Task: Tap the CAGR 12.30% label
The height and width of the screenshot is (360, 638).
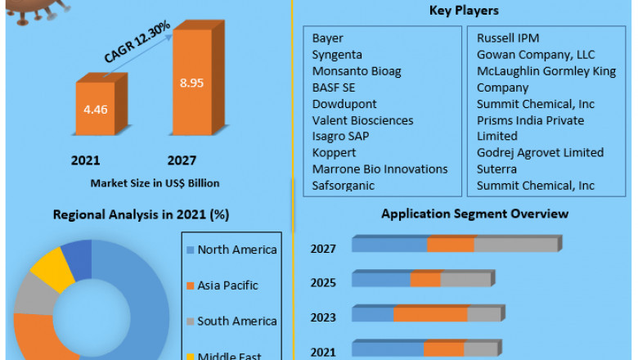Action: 137,43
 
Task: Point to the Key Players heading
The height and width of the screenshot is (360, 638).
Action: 465,11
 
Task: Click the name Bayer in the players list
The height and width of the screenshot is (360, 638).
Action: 328,38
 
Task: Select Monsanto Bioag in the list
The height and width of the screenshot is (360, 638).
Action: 357,71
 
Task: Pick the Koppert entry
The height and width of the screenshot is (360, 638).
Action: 335,152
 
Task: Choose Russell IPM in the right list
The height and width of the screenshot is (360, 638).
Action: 508,38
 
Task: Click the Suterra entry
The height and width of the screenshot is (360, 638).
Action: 497,169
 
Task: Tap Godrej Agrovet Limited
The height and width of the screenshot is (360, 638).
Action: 540,152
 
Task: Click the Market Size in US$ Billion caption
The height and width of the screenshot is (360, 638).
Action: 155,182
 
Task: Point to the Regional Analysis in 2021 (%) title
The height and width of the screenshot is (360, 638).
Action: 141,215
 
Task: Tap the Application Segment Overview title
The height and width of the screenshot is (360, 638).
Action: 475,214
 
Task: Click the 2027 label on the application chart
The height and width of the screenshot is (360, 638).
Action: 323,248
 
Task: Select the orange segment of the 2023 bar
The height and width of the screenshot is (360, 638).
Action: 430,315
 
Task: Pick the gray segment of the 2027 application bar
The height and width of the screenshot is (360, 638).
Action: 515,245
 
